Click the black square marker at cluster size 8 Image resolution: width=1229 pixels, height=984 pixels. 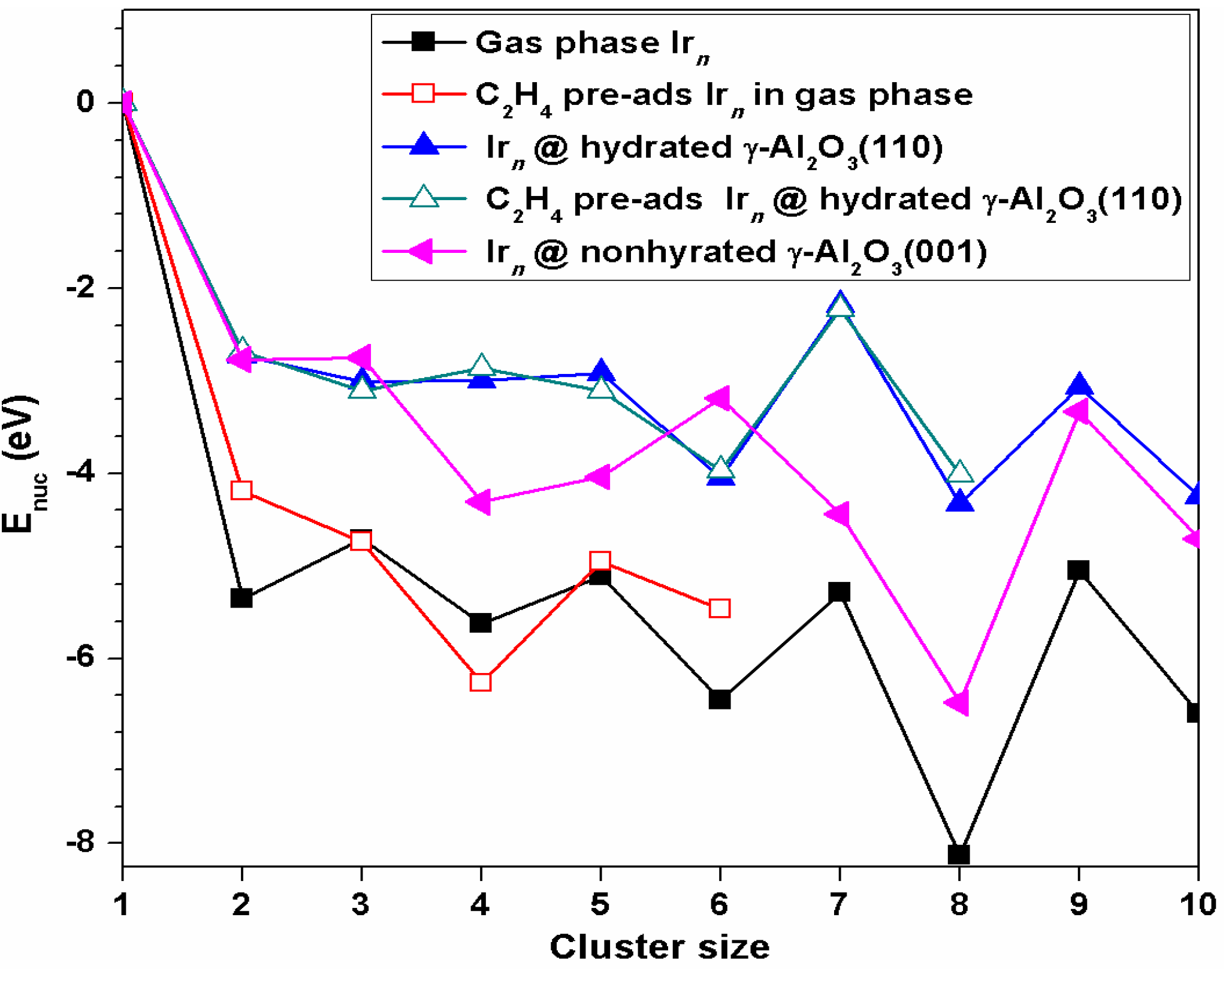tap(959, 855)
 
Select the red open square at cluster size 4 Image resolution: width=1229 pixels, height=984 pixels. tap(481, 681)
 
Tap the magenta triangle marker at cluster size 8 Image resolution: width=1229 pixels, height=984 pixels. tap(958, 702)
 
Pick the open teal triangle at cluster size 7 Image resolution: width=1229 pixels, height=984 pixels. tap(840, 306)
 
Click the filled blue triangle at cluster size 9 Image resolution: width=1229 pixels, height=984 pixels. tap(1079, 384)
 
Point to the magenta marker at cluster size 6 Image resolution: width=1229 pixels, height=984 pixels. tap(718, 398)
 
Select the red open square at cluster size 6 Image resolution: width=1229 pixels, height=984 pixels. tap(719, 608)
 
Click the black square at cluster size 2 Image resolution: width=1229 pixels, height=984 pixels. tap(241, 597)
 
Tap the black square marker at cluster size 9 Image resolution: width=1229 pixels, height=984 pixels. tap(1078, 570)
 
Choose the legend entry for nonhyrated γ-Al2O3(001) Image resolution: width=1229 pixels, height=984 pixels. tap(736, 252)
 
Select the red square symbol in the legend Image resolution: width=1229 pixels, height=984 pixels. tap(423, 94)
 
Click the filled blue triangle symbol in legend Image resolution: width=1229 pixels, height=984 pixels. tap(423, 146)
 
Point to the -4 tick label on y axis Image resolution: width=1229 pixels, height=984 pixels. tap(80, 473)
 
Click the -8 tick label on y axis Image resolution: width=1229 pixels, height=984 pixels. tap(80, 842)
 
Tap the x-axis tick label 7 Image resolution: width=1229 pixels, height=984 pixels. tap(839, 904)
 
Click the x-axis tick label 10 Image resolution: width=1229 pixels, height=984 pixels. tap(1197, 904)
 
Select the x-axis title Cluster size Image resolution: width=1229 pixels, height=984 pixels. tap(659, 947)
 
